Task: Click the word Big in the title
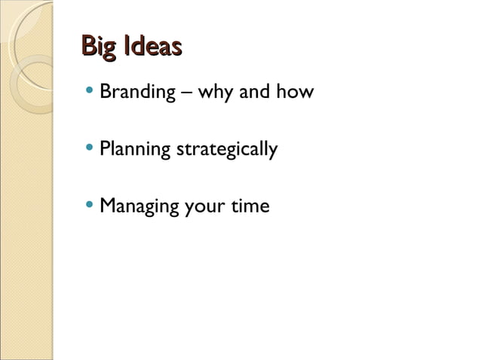coord(99,48)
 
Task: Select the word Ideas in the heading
coord(153,47)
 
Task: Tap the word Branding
coord(136,94)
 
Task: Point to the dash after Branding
coord(185,94)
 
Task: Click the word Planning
coord(134,150)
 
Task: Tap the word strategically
coord(226,150)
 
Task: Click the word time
coord(250,205)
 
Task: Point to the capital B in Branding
coord(106,93)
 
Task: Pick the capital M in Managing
coord(107,205)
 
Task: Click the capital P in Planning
coord(105,148)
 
